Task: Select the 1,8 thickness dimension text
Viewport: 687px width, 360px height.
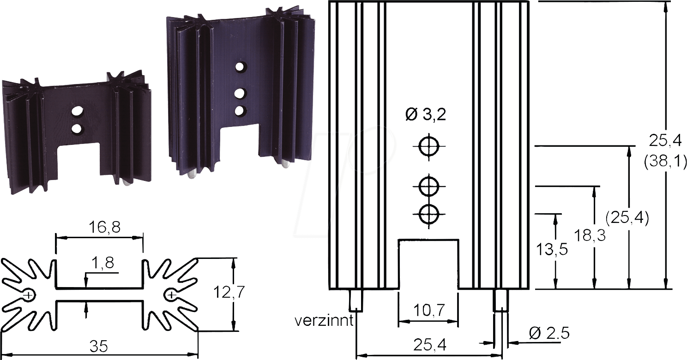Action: tap(103, 264)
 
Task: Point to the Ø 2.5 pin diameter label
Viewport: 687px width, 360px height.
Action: tap(548, 333)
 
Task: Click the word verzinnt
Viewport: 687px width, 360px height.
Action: tap(325, 320)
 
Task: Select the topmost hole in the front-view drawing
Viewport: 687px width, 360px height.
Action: tap(429, 147)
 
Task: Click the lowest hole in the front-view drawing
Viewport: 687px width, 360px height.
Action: tap(429, 214)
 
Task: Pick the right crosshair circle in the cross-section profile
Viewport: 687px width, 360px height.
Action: tap(171, 294)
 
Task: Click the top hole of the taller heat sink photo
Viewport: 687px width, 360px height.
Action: tap(240, 67)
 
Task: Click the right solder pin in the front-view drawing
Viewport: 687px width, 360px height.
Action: tap(501, 300)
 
